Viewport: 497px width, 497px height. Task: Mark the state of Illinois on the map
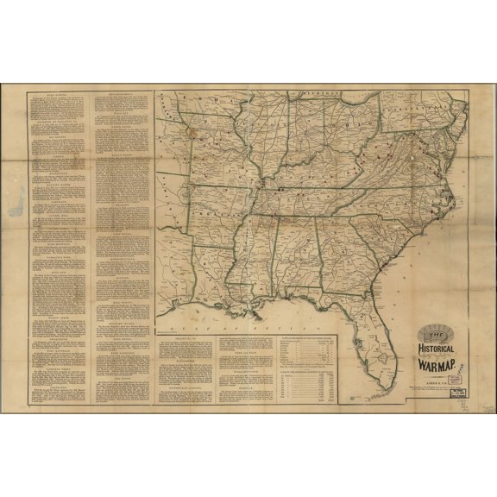coord(259,138)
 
